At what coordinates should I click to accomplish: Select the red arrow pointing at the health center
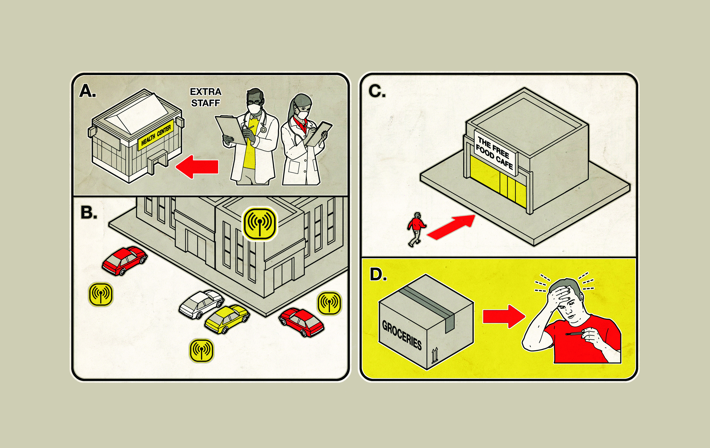click(x=197, y=167)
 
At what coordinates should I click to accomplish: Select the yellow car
click(x=227, y=319)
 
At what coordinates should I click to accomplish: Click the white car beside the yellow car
click(x=201, y=304)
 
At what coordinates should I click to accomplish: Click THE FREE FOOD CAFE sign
click(x=495, y=152)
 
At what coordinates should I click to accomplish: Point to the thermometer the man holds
click(x=575, y=333)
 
